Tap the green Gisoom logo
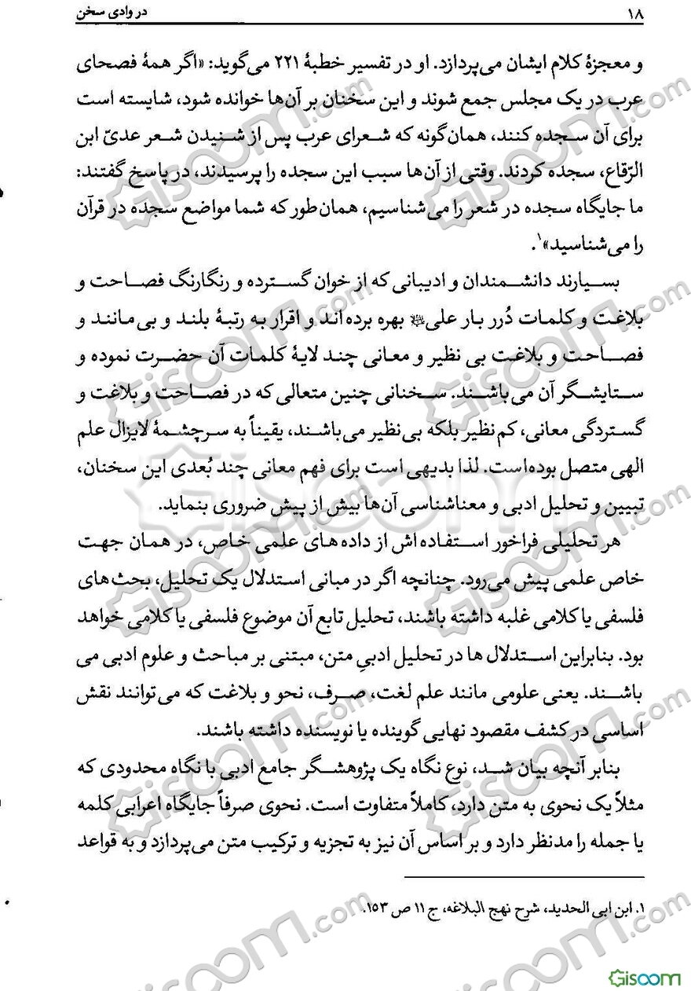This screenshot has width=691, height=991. pyautogui.click(x=642, y=976)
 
